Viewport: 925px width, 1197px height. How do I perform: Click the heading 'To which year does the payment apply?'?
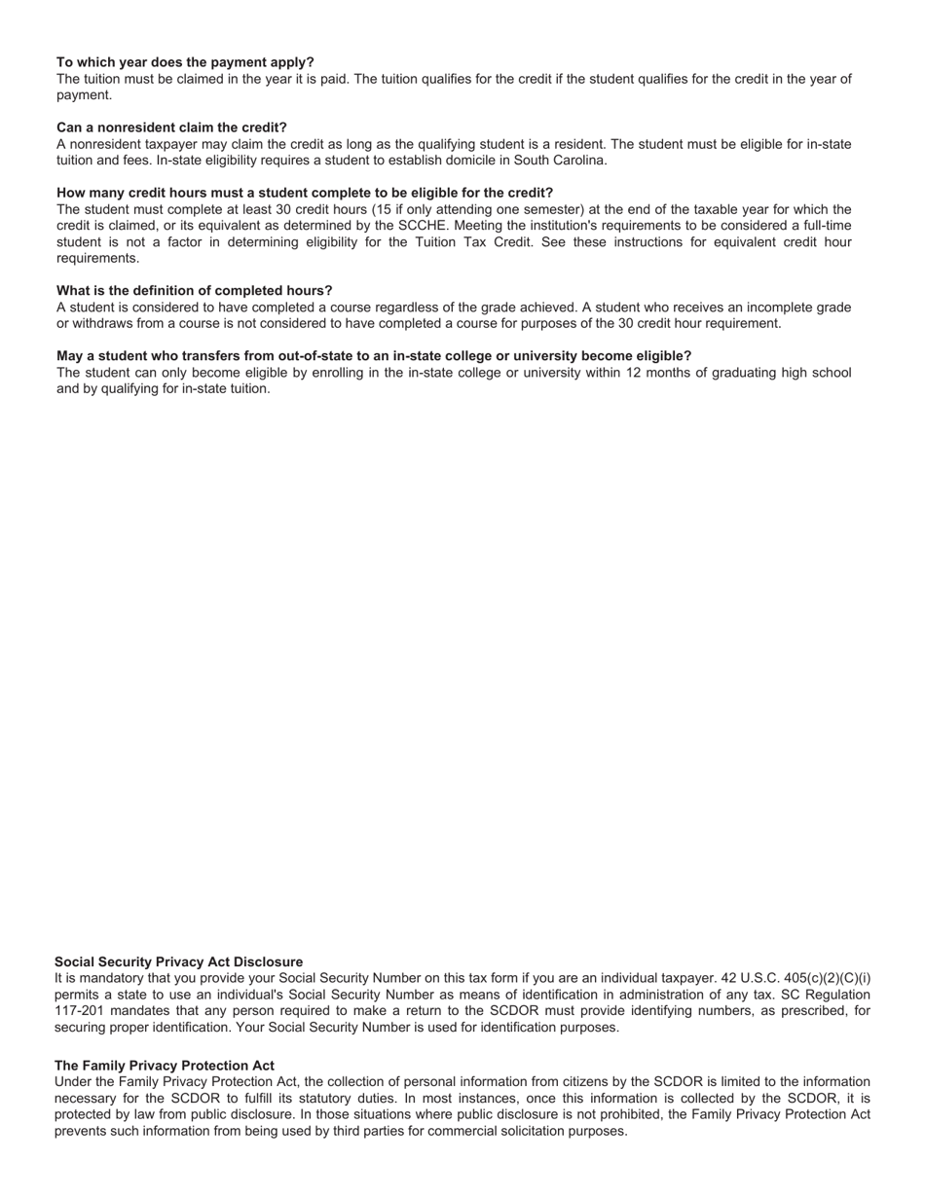(x=185, y=62)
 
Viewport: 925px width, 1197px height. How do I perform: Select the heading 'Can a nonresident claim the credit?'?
(x=171, y=127)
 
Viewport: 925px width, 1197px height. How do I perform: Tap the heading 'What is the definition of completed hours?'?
(x=194, y=291)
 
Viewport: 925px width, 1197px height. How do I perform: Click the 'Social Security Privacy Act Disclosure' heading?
(x=178, y=961)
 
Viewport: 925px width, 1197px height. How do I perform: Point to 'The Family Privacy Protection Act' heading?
(x=164, y=1066)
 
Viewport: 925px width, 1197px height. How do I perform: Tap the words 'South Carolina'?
(x=560, y=161)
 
